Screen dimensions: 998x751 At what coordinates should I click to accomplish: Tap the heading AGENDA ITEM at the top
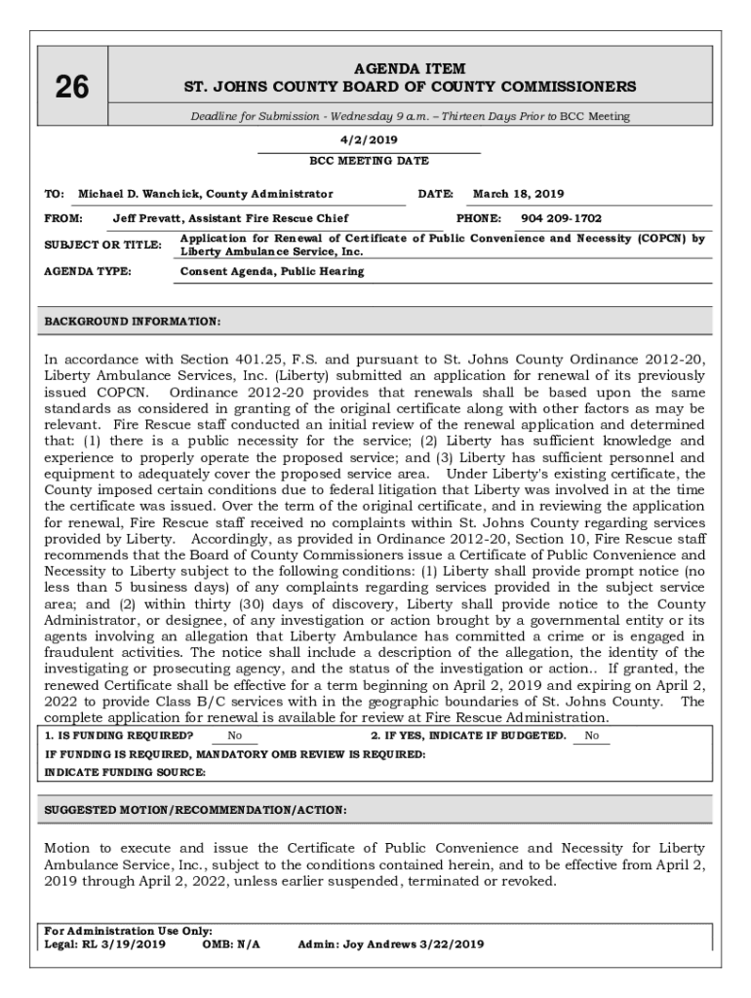410,69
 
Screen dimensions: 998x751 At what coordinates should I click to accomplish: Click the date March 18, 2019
518,194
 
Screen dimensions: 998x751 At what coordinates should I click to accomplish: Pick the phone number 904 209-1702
561,218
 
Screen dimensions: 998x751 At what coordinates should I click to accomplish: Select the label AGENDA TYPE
89,271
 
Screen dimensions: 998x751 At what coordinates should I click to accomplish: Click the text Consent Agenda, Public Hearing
272,271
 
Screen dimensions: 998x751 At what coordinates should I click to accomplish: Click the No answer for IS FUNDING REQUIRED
235,736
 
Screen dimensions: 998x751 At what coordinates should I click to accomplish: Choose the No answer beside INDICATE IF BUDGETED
592,736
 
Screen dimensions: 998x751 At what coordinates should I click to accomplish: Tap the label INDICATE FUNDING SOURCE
126,772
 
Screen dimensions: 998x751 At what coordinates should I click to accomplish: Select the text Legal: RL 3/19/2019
105,943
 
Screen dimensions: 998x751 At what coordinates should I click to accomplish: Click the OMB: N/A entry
231,943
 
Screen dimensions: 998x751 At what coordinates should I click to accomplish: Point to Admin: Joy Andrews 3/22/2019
390,943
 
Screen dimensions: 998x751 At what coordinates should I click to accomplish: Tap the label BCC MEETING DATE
369,161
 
